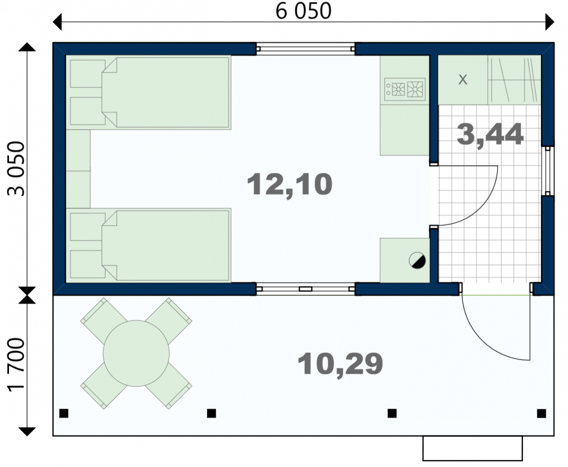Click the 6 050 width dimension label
coord(303,11)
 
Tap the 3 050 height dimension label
coord(16,169)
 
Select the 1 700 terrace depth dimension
coord(16,365)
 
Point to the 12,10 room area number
coord(290,185)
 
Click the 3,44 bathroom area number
coord(490,135)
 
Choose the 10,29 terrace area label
coord(340,364)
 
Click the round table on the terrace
coord(136,353)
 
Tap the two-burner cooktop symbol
coord(405,89)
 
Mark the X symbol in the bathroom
coord(463,79)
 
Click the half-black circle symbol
coord(417,260)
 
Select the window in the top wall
coord(305,49)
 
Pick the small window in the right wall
coord(548,171)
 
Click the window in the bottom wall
coord(305,289)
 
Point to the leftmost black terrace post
coord(64,413)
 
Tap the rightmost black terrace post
coord(541,413)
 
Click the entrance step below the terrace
coord(472,448)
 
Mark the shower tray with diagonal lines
coord(514,80)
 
